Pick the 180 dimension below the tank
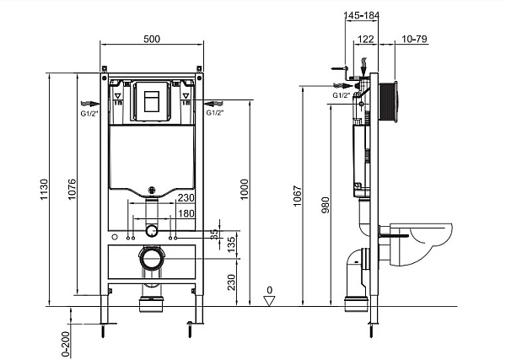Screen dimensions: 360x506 (x=187, y=213)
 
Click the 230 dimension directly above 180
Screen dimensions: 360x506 (x=187, y=198)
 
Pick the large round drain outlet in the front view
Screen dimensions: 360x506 (x=152, y=258)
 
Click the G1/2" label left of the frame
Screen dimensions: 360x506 (x=88, y=111)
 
